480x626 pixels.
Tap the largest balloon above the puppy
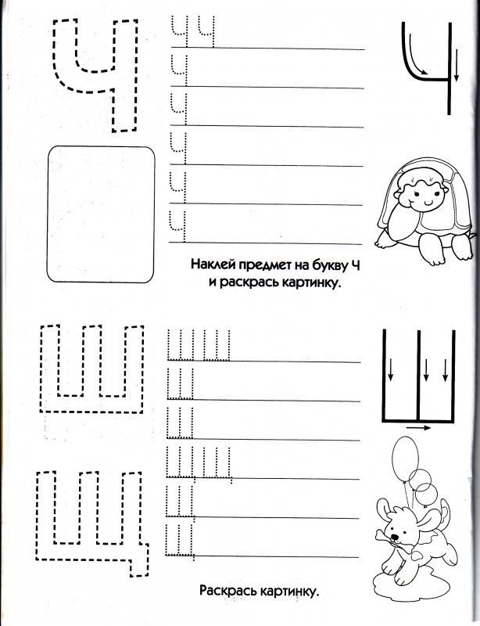click(406, 458)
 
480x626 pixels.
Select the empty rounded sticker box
click(101, 214)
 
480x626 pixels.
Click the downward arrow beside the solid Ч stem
click(457, 66)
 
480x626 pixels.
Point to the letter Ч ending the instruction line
click(356, 264)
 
